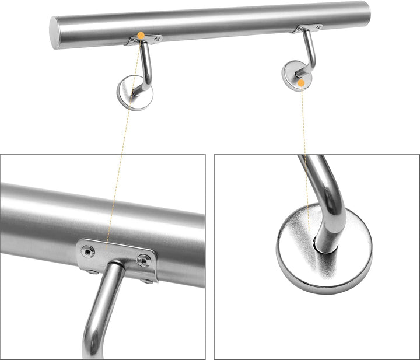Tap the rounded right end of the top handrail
[366, 12]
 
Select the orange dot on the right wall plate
[301, 83]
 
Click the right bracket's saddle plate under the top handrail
[309, 27]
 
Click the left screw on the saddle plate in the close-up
[89, 251]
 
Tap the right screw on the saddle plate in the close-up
[143, 261]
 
